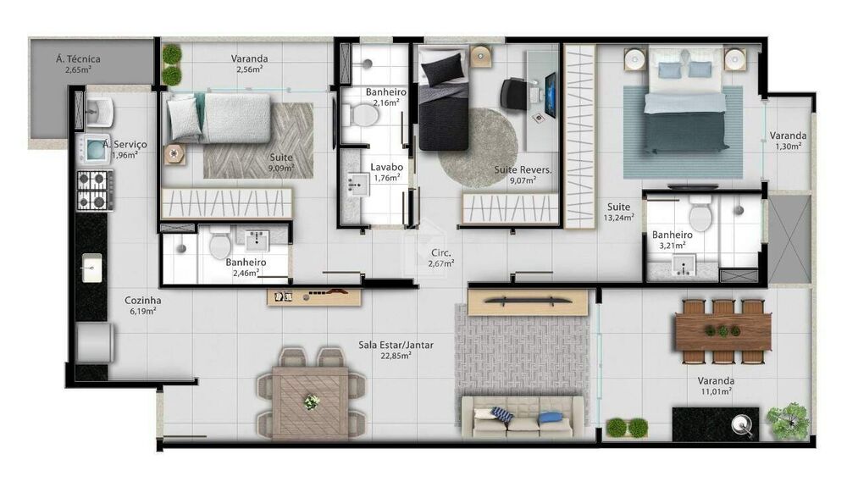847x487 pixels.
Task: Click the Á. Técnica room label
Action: tap(79, 59)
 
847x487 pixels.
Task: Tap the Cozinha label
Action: tap(143, 300)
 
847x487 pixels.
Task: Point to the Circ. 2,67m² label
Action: tap(440, 257)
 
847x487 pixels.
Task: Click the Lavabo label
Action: tap(386, 167)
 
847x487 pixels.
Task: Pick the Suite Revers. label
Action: tap(523, 169)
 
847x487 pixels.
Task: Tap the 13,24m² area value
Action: tap(617, 217)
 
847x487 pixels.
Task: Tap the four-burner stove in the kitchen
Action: tap(94, 191)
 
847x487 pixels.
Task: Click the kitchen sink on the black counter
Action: tap(91, 269)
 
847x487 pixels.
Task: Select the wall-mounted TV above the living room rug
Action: tap(528, 299)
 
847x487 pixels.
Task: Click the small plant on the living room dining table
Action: tap(312, 401)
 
